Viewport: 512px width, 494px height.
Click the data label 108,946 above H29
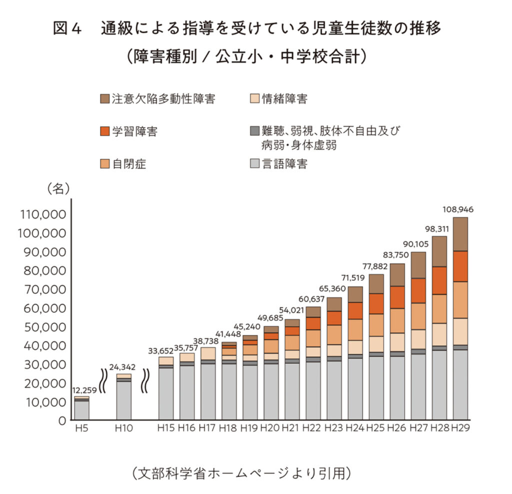tap(458, 209)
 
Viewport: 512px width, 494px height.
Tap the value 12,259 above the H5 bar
tap(82, 390)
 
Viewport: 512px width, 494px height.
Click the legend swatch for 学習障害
tap(104, 132)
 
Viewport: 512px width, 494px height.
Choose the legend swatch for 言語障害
tap(254, 164)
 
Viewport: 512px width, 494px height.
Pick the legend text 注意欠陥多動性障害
tap(163, 99)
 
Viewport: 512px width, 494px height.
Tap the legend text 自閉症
tap(129, 164)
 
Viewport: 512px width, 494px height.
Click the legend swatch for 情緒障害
tap(254, 99)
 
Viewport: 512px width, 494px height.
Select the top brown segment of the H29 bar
tap(459, 234)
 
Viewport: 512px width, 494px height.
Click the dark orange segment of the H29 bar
tap(459, 266)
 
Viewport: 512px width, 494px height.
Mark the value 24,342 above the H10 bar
tap(123, 367)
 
